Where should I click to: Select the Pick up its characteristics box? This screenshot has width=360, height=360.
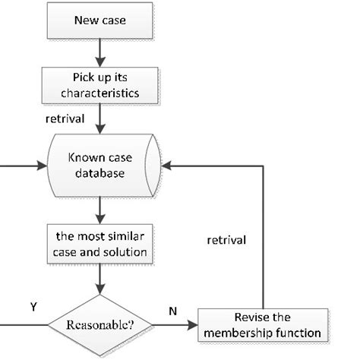click(100, 87)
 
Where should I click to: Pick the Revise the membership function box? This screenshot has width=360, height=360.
click(264, 324)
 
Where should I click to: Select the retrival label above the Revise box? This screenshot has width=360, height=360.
click(226, 242)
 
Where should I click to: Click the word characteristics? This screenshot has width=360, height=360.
click(100, 94)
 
